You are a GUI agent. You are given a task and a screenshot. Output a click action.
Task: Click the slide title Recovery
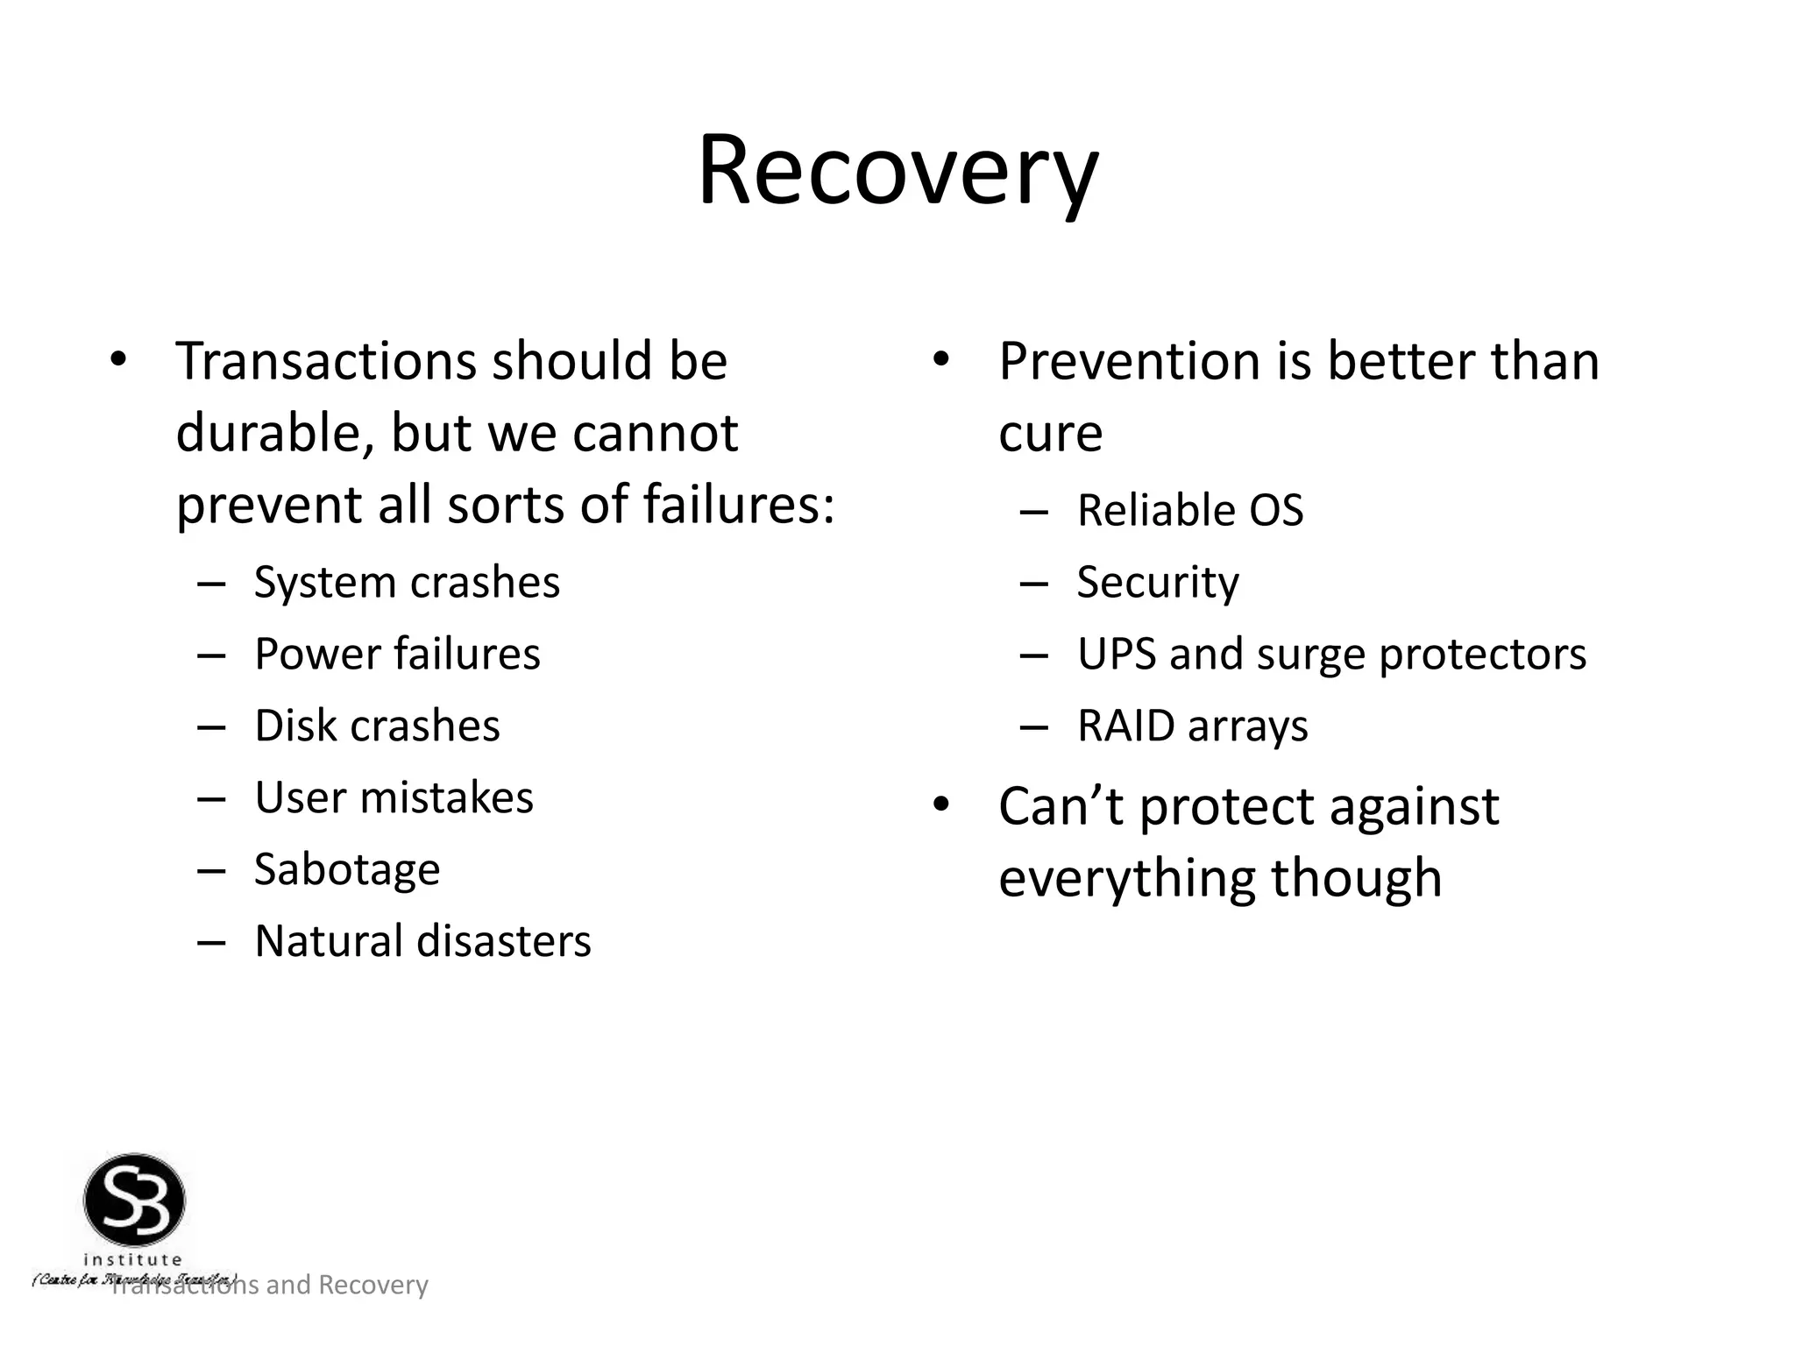(x=897, y=171)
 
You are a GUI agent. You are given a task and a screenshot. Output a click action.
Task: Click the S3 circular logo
(x=134, y=1201)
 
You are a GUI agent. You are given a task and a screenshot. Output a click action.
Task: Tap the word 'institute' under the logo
(x=132, y=1259)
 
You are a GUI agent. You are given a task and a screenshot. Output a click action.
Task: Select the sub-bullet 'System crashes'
(x=407, y=582)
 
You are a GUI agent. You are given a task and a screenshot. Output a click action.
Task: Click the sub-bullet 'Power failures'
(x=397, y=654)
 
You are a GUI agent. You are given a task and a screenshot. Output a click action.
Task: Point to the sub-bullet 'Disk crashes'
(x=377, y=726)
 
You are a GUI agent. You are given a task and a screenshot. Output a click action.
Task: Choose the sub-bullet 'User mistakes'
(x=394, y=797)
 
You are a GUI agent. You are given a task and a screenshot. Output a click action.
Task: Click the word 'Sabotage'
(x=347, y=869)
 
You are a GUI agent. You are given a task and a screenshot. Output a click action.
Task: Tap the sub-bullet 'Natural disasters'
(x=422, y=941)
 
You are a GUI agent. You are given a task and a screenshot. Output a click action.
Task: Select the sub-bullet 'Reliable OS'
(x=1189, y=510)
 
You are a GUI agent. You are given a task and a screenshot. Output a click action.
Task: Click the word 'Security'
(x=1158, y=582)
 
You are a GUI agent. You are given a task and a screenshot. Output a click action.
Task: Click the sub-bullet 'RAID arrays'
(x=1192, y=726)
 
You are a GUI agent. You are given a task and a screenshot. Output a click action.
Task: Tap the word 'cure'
(x=1050, y=433)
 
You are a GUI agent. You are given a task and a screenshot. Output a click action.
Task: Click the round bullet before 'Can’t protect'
(x=941, y=804)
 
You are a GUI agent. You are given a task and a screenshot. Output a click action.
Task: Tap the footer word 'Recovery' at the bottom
(x=372, y=1285)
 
